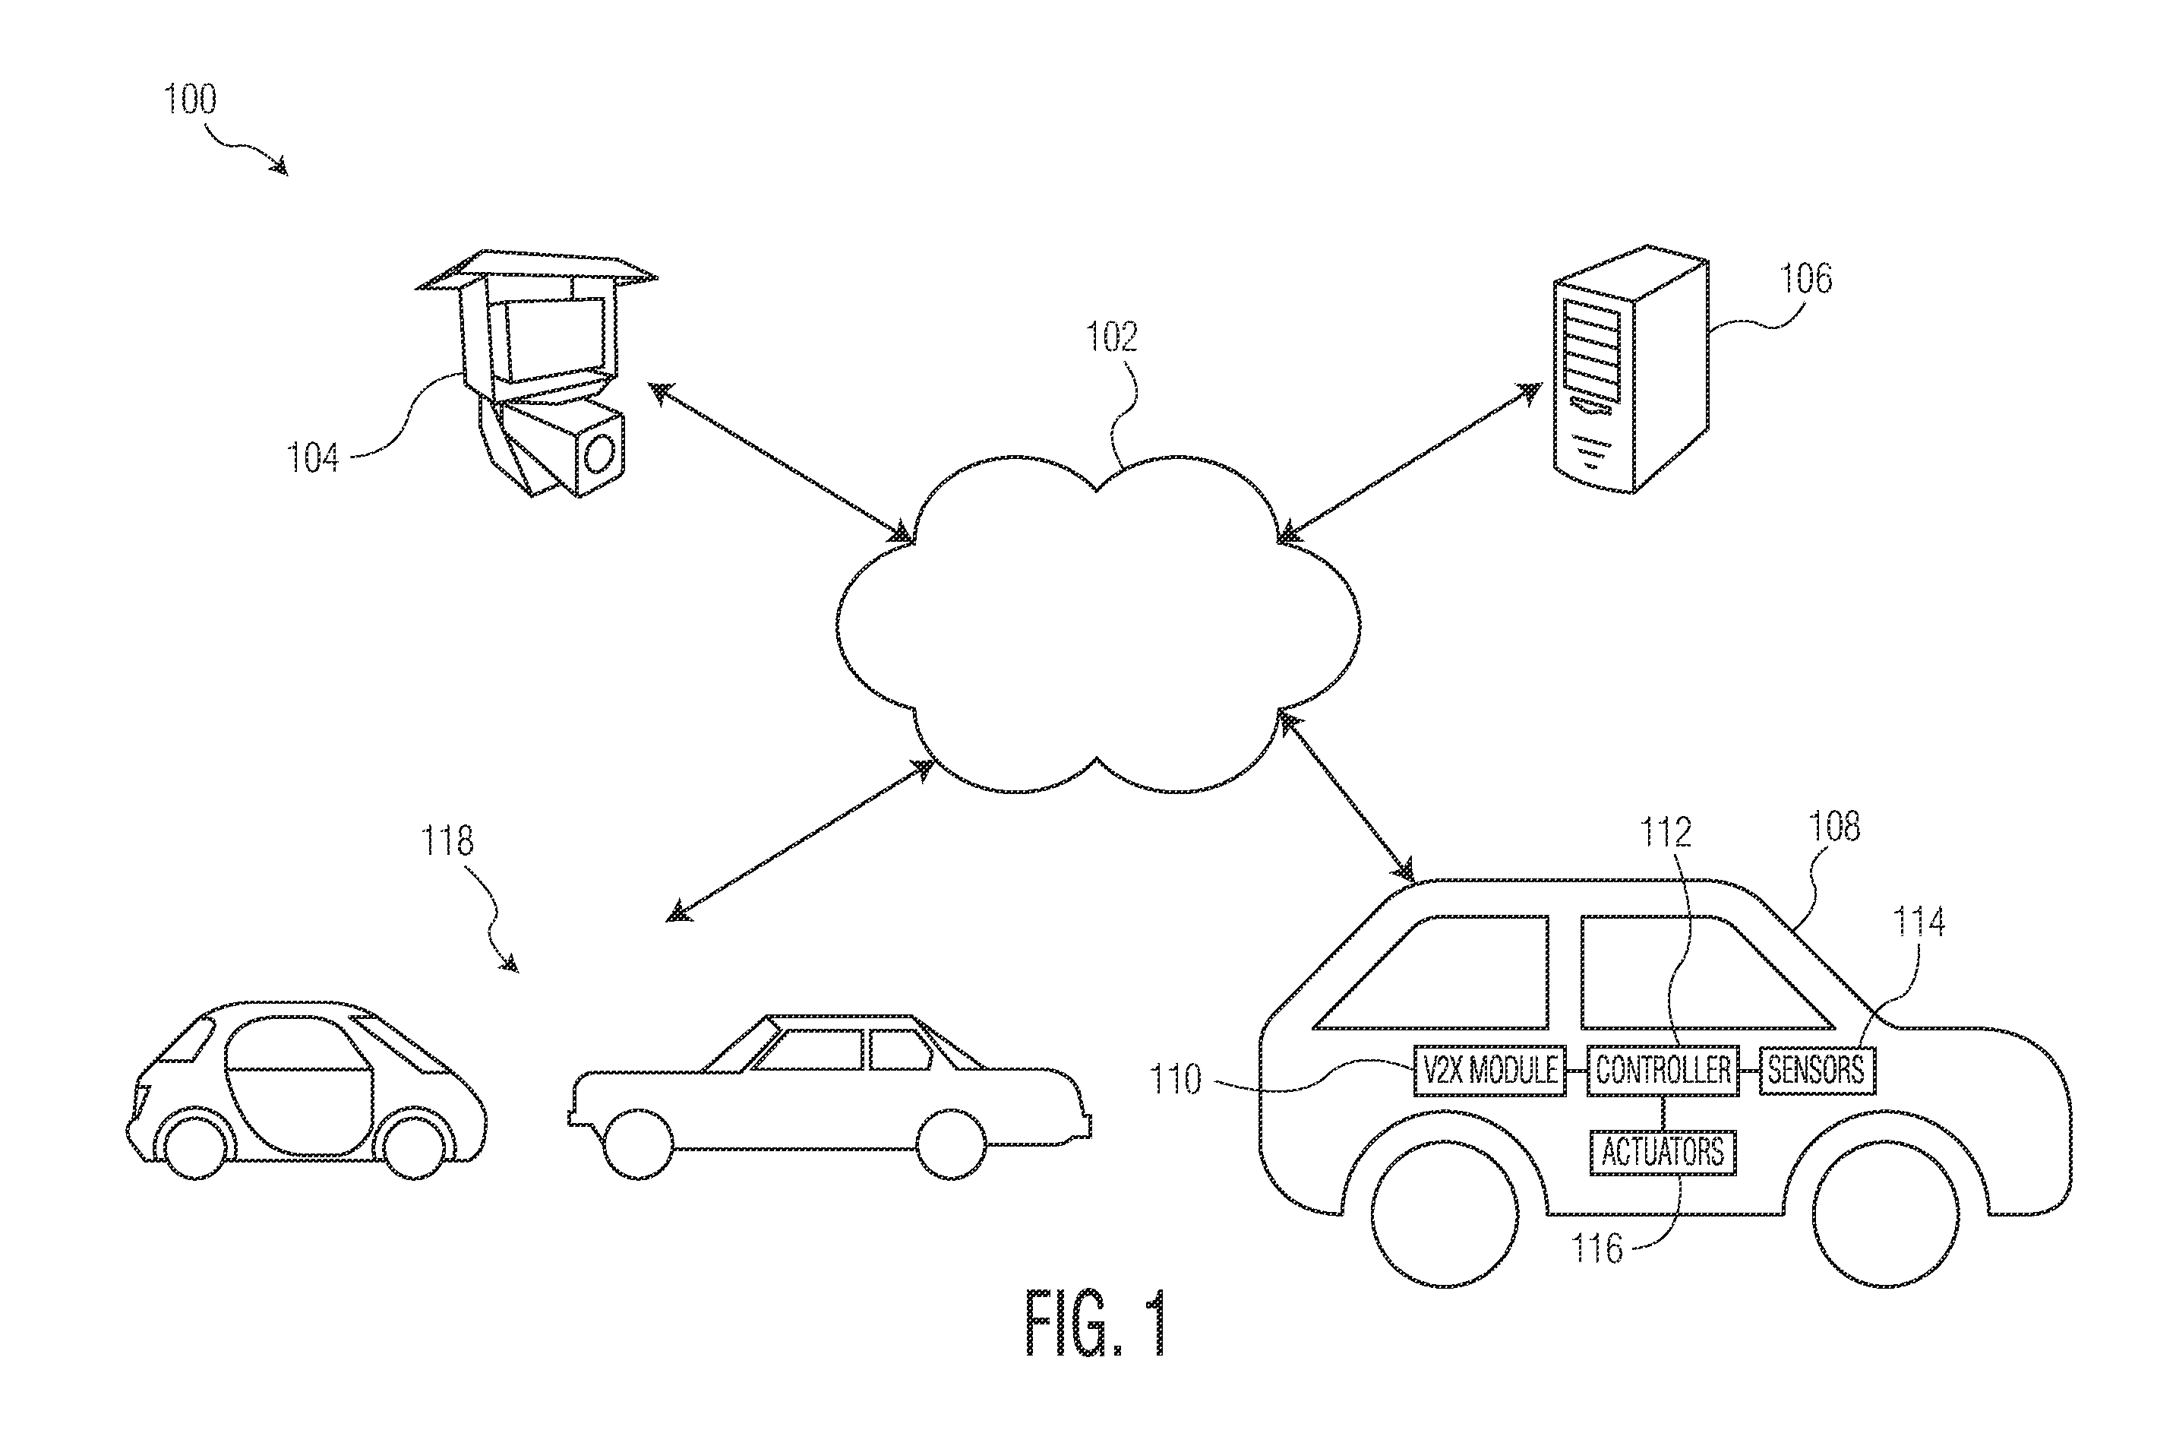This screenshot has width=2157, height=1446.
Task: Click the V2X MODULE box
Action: (x=1489, y=1070)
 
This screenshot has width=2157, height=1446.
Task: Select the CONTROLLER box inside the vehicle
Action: (x=1663, y=1070)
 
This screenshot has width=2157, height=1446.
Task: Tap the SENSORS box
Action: (x=1817, y=1070)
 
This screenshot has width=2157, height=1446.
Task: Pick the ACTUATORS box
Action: (x=1663, y=1152)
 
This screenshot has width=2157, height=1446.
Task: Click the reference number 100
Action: (x=190, y=99)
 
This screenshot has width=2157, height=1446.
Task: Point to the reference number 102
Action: (x=1112, y=337)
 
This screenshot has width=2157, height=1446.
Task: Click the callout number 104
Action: (x=312, y=457)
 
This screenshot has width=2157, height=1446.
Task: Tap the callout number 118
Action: (x=447, y=840)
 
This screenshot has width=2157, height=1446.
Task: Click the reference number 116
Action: (x=1596, y=1248)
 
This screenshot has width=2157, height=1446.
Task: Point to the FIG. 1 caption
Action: (x=1096, y=1324)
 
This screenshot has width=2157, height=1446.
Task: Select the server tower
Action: (x=1630, y=369)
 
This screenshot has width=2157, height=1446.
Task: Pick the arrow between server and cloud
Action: (x=1410, y=462)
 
